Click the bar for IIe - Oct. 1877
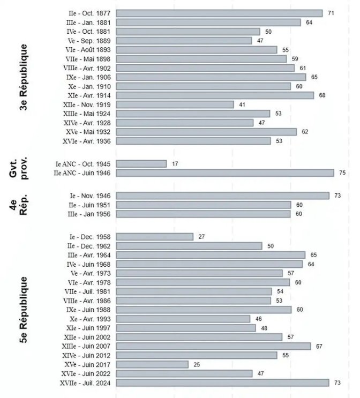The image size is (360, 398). pos(219,13)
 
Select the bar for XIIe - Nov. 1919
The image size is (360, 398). pos(175,104)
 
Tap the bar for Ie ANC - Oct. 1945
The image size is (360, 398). pos(141,164)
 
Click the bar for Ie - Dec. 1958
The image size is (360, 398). pos(154,237)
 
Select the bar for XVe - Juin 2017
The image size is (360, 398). pos(152,364)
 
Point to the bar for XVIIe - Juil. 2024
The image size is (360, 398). pos(222,382)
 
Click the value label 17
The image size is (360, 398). pos(175,164)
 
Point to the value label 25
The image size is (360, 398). pos(197,364)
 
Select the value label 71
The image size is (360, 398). pos(331,13)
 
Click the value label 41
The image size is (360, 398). pos(242,104)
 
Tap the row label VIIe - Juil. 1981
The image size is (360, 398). pos(86,291)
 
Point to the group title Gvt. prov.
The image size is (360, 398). pos(23,168)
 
